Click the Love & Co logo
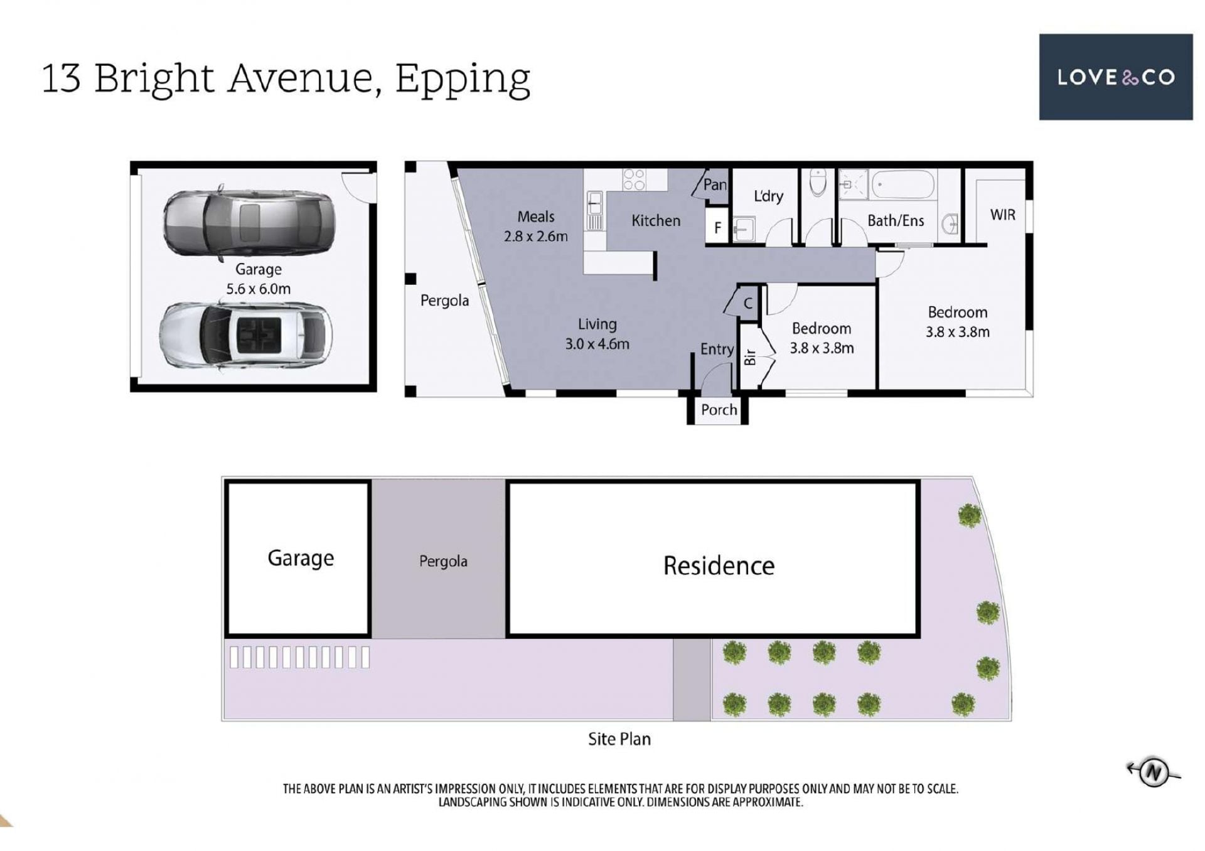(1115, 77)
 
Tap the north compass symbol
(1154, 773)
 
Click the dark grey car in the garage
(249, 223)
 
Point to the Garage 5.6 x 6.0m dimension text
(258, 279)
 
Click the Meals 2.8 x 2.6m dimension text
(535, 226)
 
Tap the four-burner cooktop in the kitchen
(635, 179)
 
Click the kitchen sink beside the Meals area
(594, 211)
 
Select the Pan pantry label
(715, 185)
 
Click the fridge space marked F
(717, 228)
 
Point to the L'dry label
(768, 196)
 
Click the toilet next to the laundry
(818, 183)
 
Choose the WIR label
(1002, 215)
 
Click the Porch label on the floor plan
(719, 410)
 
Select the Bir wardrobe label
(749, 357)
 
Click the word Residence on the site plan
(719, 565)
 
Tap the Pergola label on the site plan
(443, 561)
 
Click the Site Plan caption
(619, 739)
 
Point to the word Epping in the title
(463, 80)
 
